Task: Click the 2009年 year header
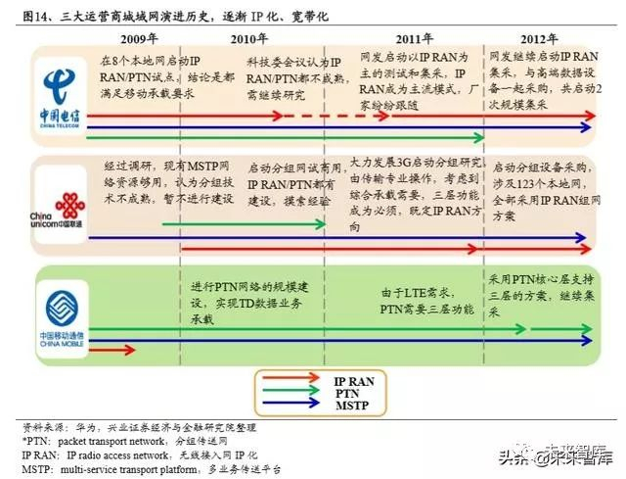tap(139, 38)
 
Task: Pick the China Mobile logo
tap(60, 312)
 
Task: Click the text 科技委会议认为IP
tap(288, 61)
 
